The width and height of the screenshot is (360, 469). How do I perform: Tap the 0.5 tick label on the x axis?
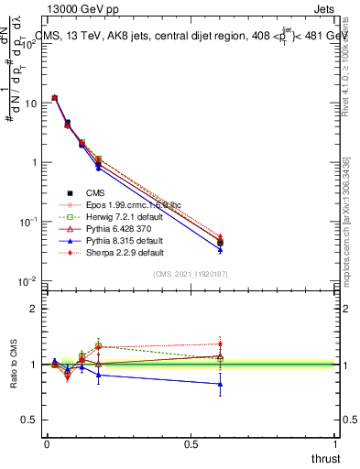click(x=191, y=444)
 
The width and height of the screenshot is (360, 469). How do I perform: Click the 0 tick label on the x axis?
click(x=47, y=444)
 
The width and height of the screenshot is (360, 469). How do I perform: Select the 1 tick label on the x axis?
click(x=335, y=444)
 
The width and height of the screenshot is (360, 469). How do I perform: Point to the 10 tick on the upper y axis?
click(x=31, y=103)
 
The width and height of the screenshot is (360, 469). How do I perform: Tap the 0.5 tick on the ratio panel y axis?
click(x=30, y=420)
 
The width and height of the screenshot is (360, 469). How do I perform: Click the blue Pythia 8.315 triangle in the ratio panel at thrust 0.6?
click(x=220, y=384)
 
